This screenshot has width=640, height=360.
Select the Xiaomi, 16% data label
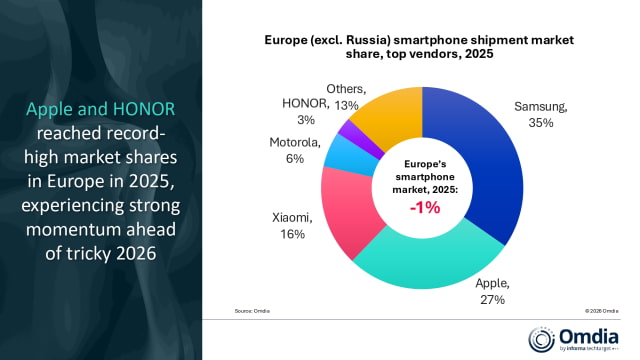click(290, 224)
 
